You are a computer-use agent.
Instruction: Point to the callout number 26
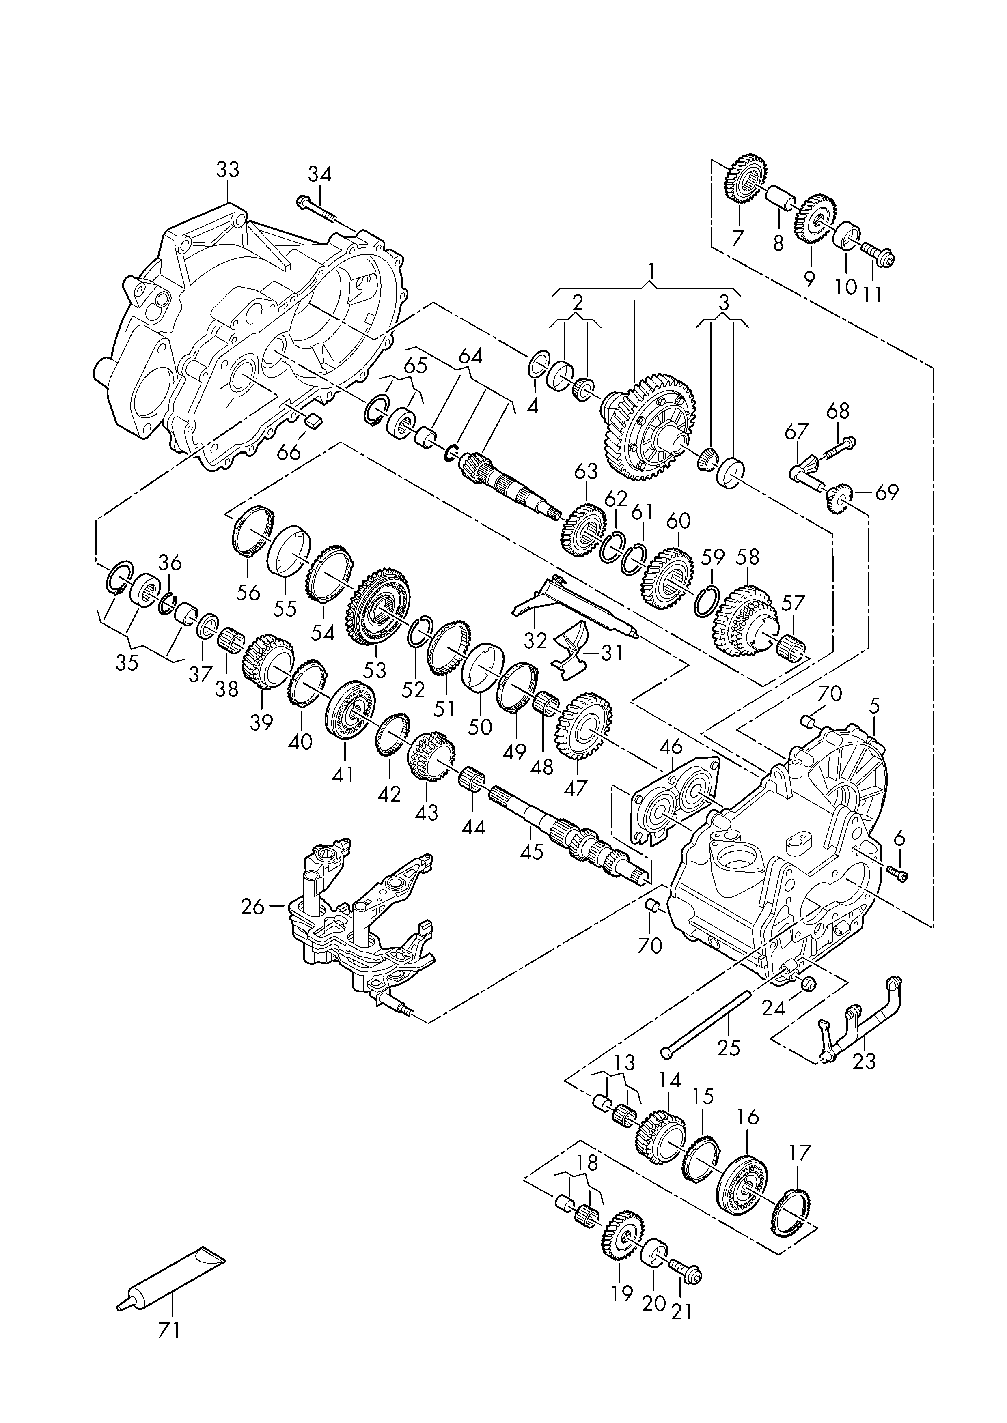tap(252, 907)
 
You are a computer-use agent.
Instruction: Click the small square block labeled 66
tap(313, 420)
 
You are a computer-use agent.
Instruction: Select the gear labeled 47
tap(585, 727)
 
